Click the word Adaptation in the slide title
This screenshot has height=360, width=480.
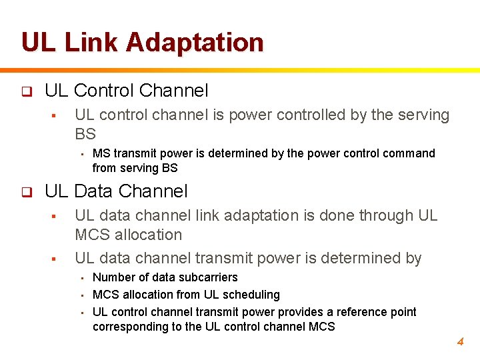194,42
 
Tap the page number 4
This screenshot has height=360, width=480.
459,342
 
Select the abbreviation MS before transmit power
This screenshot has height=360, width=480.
101,154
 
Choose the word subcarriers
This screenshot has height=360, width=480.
208,277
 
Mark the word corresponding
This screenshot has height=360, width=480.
126,327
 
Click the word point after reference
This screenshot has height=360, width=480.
403,312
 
